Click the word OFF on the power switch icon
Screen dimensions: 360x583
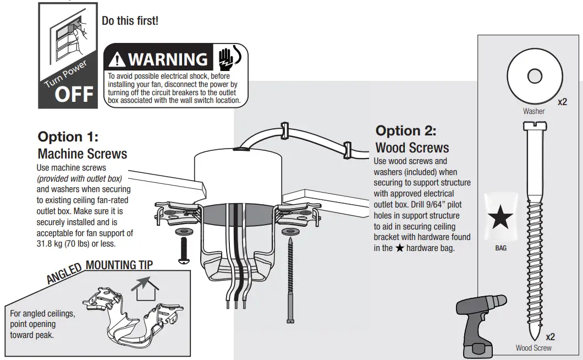(74, 94)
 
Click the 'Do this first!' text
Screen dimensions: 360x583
(130, 20)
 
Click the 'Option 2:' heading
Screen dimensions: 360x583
(405, 131)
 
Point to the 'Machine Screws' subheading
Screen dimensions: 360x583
(82, 153)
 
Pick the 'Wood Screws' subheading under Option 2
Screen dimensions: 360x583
(411, 148)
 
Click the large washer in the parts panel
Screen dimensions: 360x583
(532, 77)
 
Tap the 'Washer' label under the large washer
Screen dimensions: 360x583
(533, 111)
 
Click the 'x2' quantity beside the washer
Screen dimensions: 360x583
(562, 103)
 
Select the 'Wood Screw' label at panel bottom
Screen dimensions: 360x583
(533, 348)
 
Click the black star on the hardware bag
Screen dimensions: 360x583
(501, 219)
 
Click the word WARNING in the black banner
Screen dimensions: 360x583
(168, 59)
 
